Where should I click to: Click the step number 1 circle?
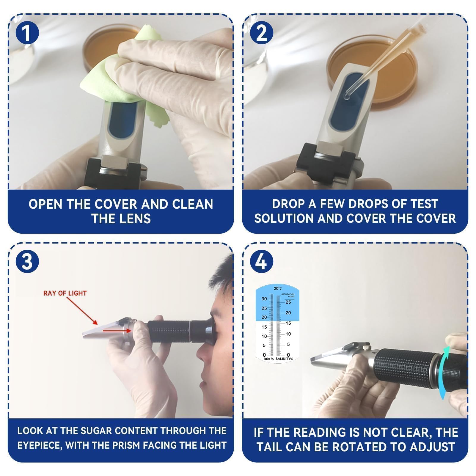point(27,33)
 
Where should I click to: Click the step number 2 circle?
point(262,33)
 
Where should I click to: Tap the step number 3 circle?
point(27,262)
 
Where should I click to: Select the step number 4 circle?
point(262,262)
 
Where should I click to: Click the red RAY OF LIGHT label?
point(65,293)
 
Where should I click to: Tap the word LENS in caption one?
point(135,219)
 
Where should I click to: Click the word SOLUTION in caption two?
point(284,218)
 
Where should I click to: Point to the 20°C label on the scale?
point(278,288)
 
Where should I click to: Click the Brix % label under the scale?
point(269,359)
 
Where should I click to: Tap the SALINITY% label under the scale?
point(284,359)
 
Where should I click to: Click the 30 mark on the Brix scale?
point(264,299)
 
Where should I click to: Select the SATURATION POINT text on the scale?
point(288,296)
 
